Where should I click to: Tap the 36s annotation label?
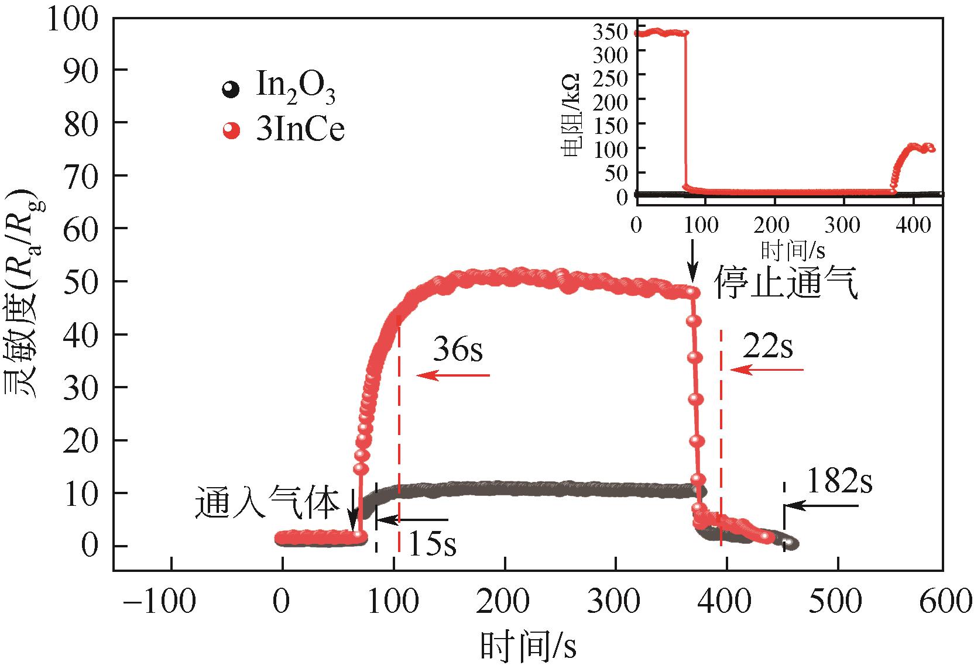(458, 350)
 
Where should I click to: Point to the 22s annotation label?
(767, 347)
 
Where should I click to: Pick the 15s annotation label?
(431, 543)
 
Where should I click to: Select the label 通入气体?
(267, 504)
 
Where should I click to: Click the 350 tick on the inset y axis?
(611, 32)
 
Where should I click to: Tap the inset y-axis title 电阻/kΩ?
(571, 114)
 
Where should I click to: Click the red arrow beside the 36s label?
(453, 375)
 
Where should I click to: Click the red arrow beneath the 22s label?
(767, 370)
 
